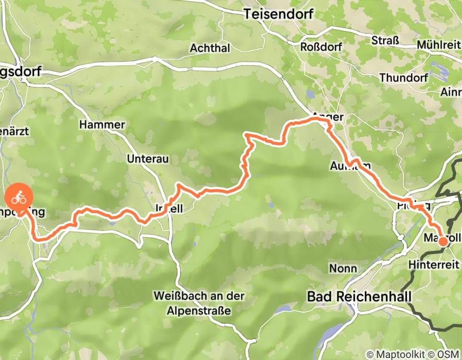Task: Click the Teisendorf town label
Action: (278, 14)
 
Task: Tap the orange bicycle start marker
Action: (19, 197)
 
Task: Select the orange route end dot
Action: (442, 241)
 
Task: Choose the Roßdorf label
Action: (321, 46)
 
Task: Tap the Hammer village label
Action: (102, 125)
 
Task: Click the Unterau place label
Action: (148, 159)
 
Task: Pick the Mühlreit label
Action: (439, 44)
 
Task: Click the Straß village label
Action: (385, 41)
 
